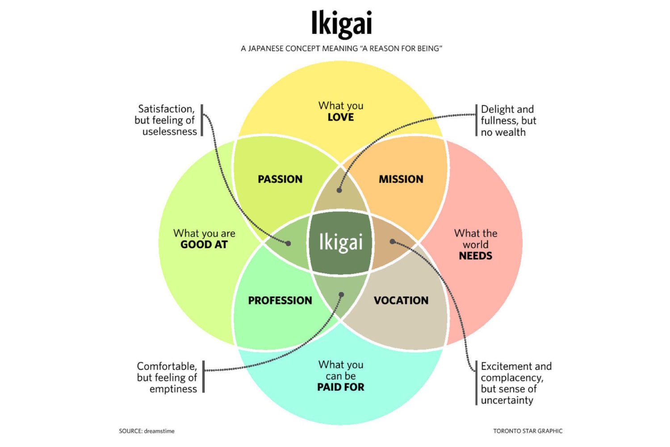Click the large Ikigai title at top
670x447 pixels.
[x=341, y=24]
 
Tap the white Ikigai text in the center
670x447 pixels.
[x=341, y=242]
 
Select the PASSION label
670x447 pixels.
[x=280, y=179]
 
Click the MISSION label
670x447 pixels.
[x=401, y=179]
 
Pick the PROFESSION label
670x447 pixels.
[x=280, y=300]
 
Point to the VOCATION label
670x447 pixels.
[x=401, y=300]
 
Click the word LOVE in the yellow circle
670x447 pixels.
[x=341, y=118]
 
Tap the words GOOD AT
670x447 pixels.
[x=204, y=245]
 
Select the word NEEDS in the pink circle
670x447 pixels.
[x=475, y=256]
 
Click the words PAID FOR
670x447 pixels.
[x=341, y=387]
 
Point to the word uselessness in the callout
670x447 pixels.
[x=170, y=132]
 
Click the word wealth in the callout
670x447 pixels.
[x=511, y=132]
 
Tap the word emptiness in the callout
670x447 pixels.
[x=173, y=389]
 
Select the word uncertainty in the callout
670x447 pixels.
[x=507, y=401]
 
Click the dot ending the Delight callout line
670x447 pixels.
[x=339, y=190]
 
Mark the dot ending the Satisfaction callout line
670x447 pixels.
[x=289, y=244]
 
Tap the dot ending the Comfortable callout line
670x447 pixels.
[x=341, y=295]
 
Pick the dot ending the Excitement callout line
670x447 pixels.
[x=392, y=241]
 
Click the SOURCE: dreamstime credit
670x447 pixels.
[x=147, y=431]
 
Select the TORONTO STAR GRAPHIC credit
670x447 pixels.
[x=528, y=431]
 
